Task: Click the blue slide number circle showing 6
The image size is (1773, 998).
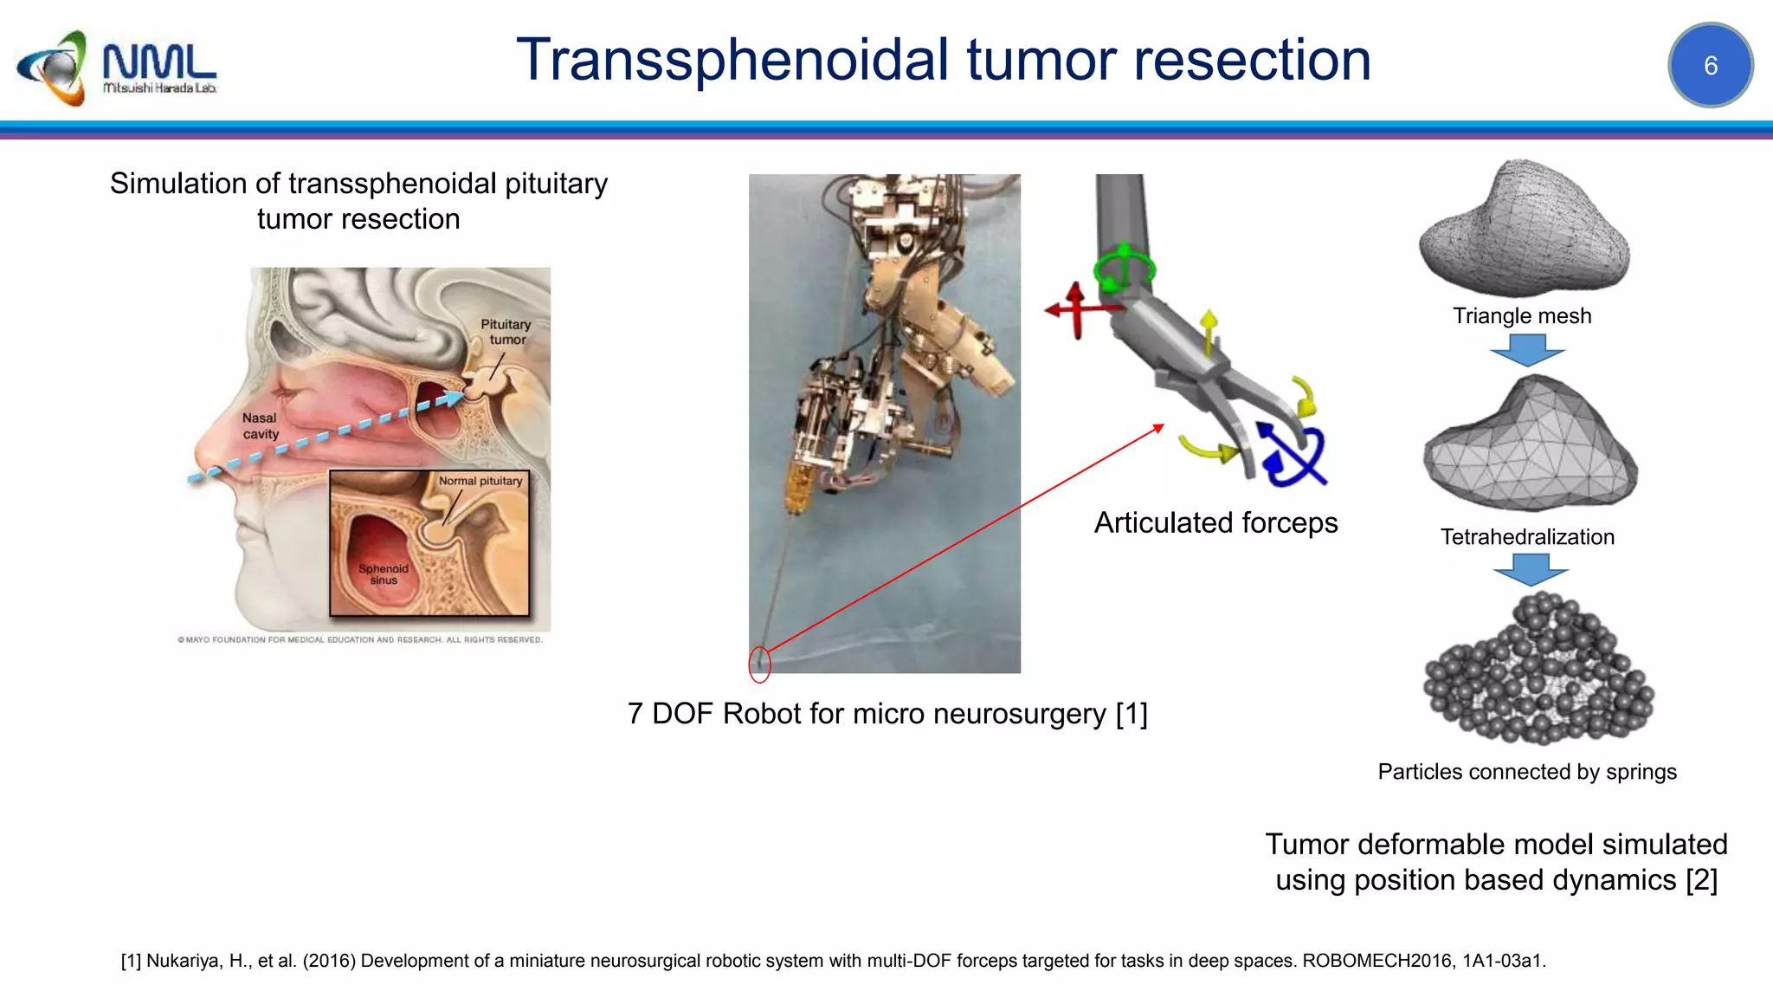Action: tap(1710, 65)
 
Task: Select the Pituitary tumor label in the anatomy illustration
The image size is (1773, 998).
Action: tap(506, 332)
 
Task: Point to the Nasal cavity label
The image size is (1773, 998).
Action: tap(261, 425)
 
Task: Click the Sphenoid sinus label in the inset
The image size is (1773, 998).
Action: tap(384, 574)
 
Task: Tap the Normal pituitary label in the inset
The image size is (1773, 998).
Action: tap(480, 481)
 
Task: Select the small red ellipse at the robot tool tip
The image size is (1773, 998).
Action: tap(759, 664)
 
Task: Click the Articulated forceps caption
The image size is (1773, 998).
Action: tap(1215, 522)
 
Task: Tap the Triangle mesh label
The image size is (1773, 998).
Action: tap(1522, 315)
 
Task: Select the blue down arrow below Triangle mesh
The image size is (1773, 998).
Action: tap(1527, 350)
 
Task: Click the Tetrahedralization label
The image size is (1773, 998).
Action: tap(1527, 536)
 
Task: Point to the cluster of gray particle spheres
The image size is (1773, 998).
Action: tap(1538, 671)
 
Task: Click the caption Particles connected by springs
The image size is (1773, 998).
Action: tap(1527, 771)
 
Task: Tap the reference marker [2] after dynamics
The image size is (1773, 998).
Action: tap(1701, 880)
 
